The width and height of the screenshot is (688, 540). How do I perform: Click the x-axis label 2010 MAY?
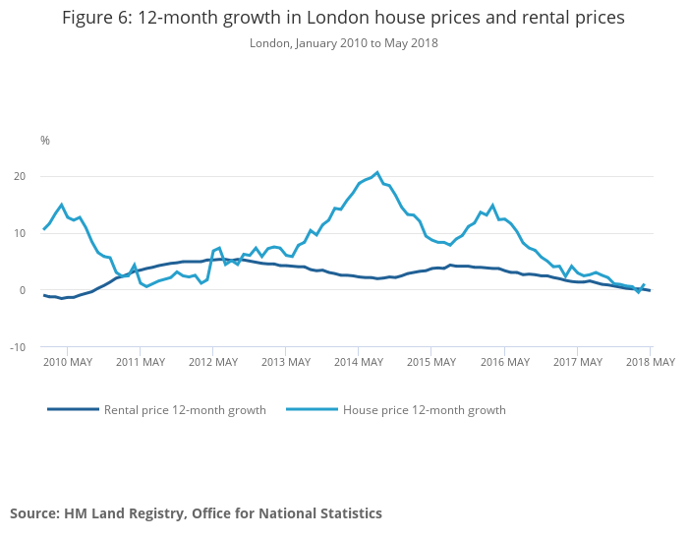68,362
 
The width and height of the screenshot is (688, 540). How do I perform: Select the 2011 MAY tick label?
141,362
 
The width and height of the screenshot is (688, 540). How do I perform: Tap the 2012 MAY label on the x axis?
213,362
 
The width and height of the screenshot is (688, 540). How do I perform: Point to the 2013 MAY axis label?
286,362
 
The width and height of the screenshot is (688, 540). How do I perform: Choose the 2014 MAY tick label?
359,362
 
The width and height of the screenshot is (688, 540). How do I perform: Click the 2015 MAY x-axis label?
431,362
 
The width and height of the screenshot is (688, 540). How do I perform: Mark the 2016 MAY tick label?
504,362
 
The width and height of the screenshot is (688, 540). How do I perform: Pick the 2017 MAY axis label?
577,362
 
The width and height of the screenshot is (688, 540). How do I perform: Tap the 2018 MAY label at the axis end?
650,362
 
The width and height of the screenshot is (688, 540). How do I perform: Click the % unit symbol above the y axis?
45,141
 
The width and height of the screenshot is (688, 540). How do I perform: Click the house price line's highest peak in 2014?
377,173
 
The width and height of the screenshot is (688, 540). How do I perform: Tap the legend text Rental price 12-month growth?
185,409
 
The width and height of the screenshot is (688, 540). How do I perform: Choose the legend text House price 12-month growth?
424,409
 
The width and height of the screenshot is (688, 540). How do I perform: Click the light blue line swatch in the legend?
312,409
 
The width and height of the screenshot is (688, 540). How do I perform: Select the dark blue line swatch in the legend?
73,409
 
